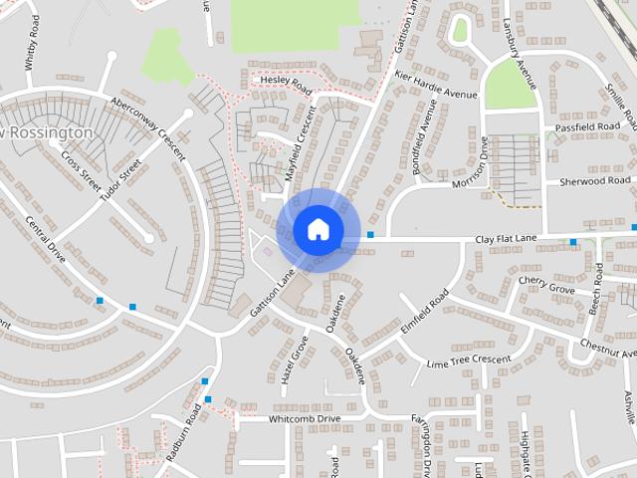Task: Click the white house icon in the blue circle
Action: click(x=318, y=229)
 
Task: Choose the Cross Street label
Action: click(x=81, y=169)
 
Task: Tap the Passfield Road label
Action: click(x=588, y=128)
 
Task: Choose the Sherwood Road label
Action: click(x=596, y=182)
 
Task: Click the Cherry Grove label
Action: click(x=546, y=286)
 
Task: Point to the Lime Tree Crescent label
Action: click(x=467, y=360)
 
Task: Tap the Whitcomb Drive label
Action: click(x=305, y=419)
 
